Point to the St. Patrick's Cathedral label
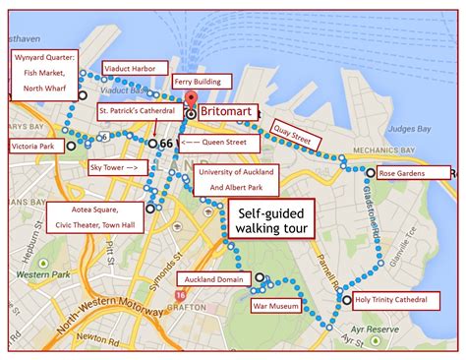pyautogui.click(x=137, y=111)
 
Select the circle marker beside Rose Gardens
pyautogui.click(x=369, y=174)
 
